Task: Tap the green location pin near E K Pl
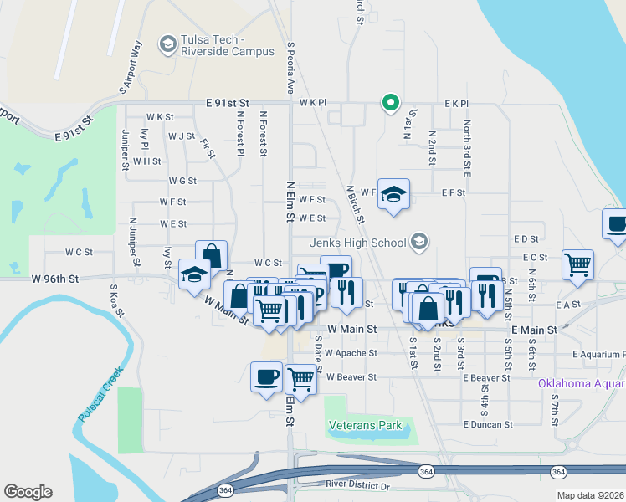tap(389, 102)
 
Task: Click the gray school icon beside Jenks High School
tap(419, 243)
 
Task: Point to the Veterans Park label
tap(366, 425)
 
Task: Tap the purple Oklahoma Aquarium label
tap(581, 384)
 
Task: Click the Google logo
tap(28, 492)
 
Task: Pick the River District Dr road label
tap(358, 485)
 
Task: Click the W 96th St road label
tap(55, 279)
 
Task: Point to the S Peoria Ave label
tap(291, 68)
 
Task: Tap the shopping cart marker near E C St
tap(578, 264)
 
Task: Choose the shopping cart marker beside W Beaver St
tap(300, 377)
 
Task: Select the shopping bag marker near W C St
tap(212, 254)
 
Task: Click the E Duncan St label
tap(487, 424)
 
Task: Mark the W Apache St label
tap(351, 353)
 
